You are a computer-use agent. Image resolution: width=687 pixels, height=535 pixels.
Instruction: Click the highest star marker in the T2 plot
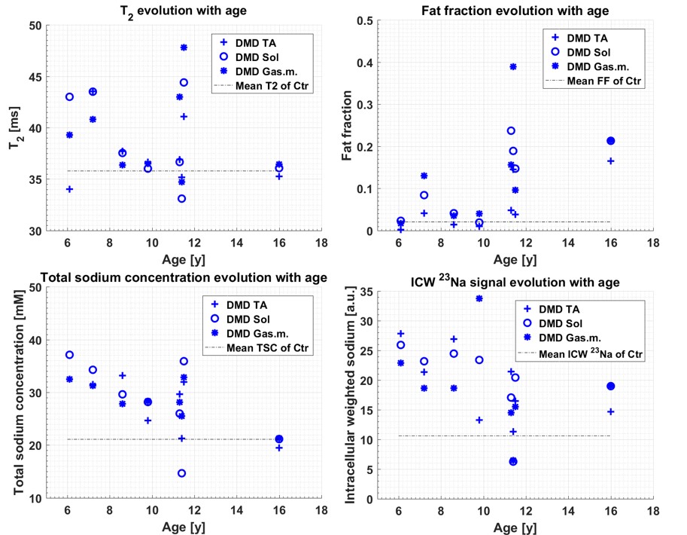tap(184, 47)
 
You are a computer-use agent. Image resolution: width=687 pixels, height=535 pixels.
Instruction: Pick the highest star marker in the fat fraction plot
tap(513, 66)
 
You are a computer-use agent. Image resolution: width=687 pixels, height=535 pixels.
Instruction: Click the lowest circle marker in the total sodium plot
tap(182, 473)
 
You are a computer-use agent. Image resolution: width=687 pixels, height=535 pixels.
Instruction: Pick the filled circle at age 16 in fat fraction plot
tap(611, 141)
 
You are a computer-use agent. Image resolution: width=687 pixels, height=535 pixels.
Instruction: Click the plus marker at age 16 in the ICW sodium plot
tap(611, 411)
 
